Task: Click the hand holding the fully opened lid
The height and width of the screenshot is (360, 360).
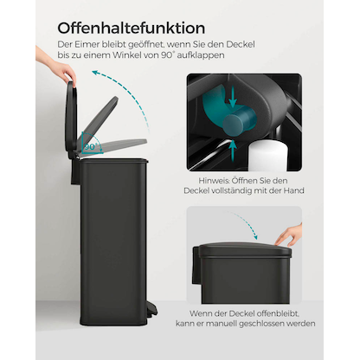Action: [70, 79]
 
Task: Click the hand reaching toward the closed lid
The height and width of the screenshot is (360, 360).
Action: [290, 234]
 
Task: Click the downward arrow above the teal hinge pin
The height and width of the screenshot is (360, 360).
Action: [234, 93]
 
